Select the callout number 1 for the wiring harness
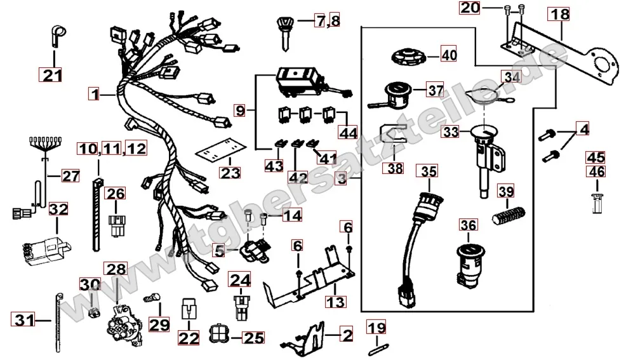(x=94, y=95)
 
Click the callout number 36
(x=468, y=225)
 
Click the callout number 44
(x=347, y=133)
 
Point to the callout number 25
(x=253, y=338)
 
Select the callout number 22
(x=189, y=339)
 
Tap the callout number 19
(x=376, y=328)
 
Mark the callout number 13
(x=336, y=300)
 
